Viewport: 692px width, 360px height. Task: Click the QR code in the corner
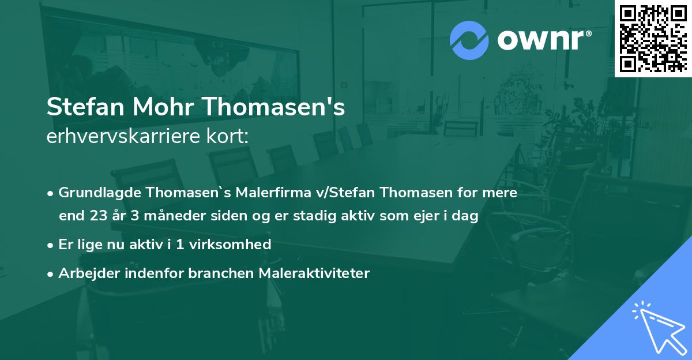(653, 38)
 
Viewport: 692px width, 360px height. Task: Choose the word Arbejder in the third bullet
(84, 273)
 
